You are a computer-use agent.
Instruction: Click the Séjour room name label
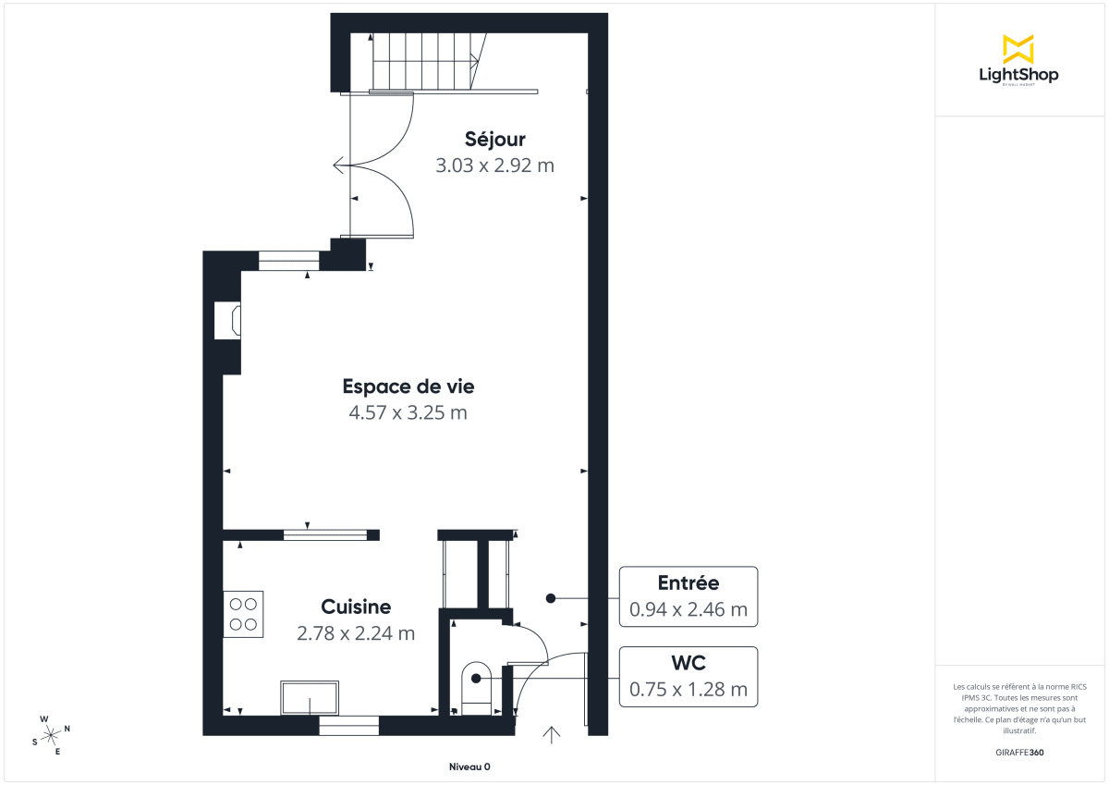point(494,140)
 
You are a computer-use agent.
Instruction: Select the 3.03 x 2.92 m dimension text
point(494,166)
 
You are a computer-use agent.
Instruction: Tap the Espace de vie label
point(408,386)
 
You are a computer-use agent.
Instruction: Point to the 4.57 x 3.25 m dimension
point(408,412)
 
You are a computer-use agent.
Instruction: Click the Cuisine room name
point(356,607)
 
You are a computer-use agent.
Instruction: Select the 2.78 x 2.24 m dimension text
point(356,633)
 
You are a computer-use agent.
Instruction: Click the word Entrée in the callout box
point(688,583)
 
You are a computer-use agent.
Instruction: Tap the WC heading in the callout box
point(688,663)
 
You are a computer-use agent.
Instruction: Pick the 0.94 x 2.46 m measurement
point(688,609)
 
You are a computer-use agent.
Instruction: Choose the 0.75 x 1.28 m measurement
point(688,689)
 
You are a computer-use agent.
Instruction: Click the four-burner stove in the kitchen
point(243,614)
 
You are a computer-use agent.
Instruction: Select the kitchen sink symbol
point(311,698)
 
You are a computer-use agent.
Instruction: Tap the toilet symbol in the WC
point(476,684)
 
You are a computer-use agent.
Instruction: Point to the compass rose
point(51,734)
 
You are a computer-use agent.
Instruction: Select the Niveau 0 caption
point(469,767)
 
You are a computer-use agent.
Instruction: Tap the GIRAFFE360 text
point(1020,753)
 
